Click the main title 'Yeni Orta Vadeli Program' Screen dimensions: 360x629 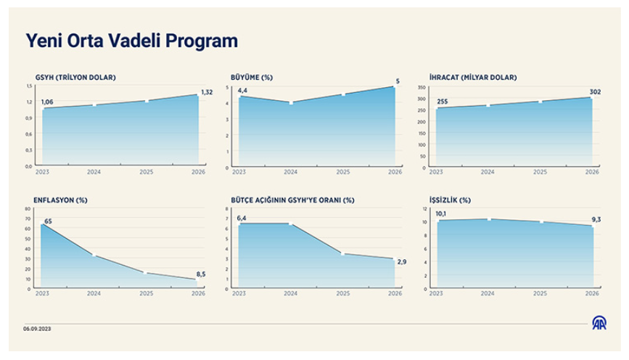tap(132, 41)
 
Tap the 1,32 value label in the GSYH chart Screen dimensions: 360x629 tap(207, 91)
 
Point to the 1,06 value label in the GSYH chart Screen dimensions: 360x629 tap(49, 102)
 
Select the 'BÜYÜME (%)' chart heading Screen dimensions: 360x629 tap(251, 77)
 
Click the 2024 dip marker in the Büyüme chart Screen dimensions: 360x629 tap(291, 103)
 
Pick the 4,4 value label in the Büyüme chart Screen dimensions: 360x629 tap(242, 90)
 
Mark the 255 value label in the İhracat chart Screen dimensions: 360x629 tap(443, 102)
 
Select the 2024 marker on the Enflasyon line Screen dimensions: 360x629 tap(94, 255)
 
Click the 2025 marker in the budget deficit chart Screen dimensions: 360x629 tap(343, 254)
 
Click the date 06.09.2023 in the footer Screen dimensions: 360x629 tap(37, 329)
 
